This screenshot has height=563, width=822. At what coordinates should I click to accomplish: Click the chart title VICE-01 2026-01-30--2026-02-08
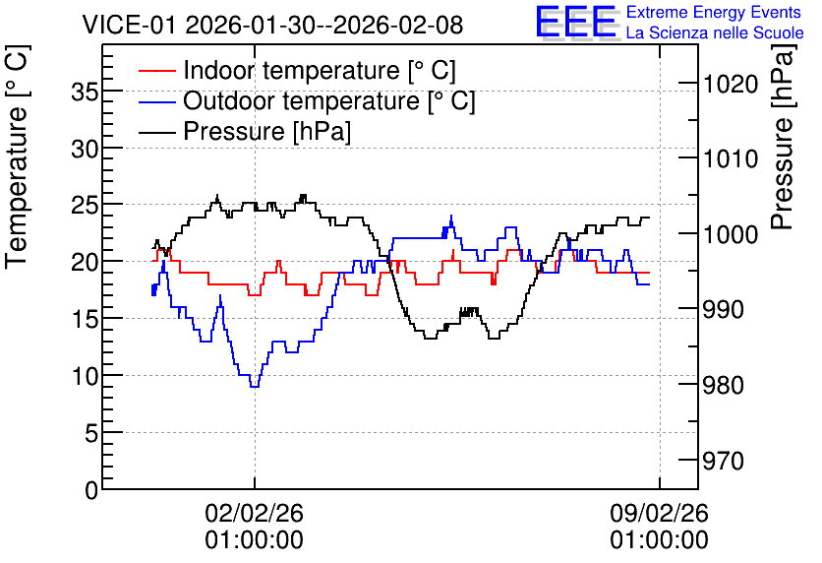click(272, 25)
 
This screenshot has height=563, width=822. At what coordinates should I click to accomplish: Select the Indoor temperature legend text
click(320, 70)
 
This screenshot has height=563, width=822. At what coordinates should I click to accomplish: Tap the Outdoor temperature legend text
click(329, 100)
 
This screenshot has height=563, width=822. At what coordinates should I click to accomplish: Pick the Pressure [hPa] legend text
click(266, 131)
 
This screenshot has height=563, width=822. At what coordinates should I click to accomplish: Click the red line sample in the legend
click(156, 71)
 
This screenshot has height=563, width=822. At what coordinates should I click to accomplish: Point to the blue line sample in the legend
click(156, 101)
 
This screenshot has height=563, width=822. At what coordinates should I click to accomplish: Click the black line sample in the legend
click(156, 132)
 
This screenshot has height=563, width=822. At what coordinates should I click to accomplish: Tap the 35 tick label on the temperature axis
click(85, 93)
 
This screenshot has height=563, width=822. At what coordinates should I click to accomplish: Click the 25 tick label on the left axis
click(85, 205)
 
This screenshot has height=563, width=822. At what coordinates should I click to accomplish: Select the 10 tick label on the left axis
click(85, 376)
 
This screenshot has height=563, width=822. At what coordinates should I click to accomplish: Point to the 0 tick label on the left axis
click(91, 490)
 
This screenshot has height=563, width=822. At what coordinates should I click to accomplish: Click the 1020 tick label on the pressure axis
click(731, 84)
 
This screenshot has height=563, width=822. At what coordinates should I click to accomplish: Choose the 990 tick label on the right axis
click(723, 310)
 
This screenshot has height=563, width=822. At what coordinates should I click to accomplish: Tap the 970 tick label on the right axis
click(723, 462)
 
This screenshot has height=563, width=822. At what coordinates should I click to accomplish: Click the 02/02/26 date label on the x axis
click(255, 513)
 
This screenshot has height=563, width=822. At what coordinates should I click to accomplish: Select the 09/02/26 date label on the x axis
click(659, 513)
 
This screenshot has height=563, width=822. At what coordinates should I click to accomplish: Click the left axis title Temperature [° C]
click(18, 157)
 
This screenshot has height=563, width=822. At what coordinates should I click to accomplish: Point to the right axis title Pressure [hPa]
click(784, 137)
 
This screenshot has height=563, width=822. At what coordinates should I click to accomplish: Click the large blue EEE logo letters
click(576, 22)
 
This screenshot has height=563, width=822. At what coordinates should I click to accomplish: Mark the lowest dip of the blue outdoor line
click(255, 387)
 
